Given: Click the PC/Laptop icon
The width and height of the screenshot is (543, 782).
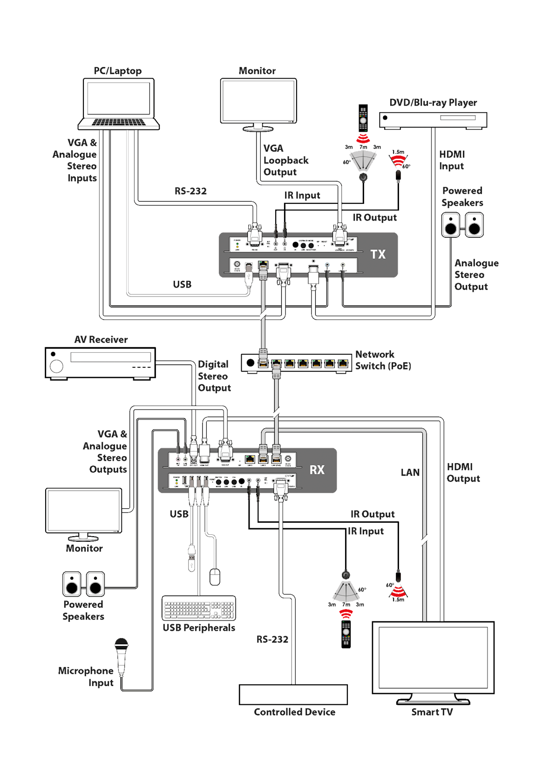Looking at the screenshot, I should [118, 103].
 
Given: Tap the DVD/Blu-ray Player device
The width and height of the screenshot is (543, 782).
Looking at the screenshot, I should [433, 120].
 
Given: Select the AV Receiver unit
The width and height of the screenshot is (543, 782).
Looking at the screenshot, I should [100, 363].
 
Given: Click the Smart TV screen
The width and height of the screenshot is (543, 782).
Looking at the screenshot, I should [433, 657].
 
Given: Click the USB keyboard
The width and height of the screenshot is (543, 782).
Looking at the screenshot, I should [199, 607].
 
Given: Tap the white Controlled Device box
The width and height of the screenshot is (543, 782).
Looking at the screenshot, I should [293, 694].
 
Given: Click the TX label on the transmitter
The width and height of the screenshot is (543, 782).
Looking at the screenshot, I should [378, 254].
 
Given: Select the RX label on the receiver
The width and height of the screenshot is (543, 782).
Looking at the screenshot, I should [317, 470].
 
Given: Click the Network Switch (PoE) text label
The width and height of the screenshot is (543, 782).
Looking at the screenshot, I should [383, 360].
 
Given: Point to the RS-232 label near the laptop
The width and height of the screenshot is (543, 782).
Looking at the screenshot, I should [190, 191].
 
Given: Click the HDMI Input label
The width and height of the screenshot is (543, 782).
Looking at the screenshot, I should [451, 160].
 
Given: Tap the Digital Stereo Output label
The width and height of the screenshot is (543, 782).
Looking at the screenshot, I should [214, 376].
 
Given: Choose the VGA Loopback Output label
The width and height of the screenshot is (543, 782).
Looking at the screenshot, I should [285, 160].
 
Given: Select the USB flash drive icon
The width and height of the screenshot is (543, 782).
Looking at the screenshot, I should [191, 558].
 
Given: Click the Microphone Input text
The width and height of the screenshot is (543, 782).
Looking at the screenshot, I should [87, 676].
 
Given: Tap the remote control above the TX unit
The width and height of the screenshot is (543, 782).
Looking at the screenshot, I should [363, 118].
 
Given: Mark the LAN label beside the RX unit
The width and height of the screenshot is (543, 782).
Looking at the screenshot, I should [410, 472].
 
